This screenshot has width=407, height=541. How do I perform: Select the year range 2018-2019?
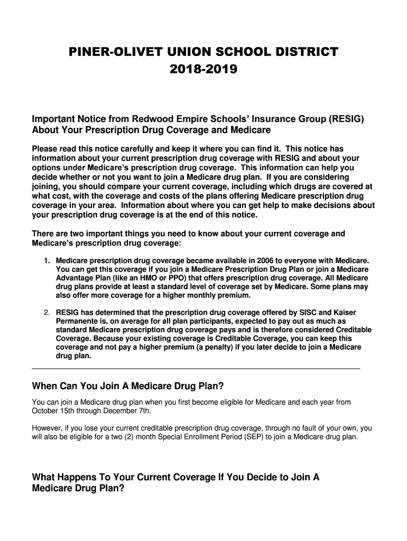(x=203, y=69)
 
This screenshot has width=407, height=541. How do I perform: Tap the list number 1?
(x=47, y=261)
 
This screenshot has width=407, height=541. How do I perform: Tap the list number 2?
(x=47, y=312)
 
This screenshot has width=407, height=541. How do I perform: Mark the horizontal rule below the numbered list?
(x=196, y=368)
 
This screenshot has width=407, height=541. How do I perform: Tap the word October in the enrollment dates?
(x=46, y=411)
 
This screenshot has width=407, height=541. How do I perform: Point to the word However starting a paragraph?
(x=48, y=428)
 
